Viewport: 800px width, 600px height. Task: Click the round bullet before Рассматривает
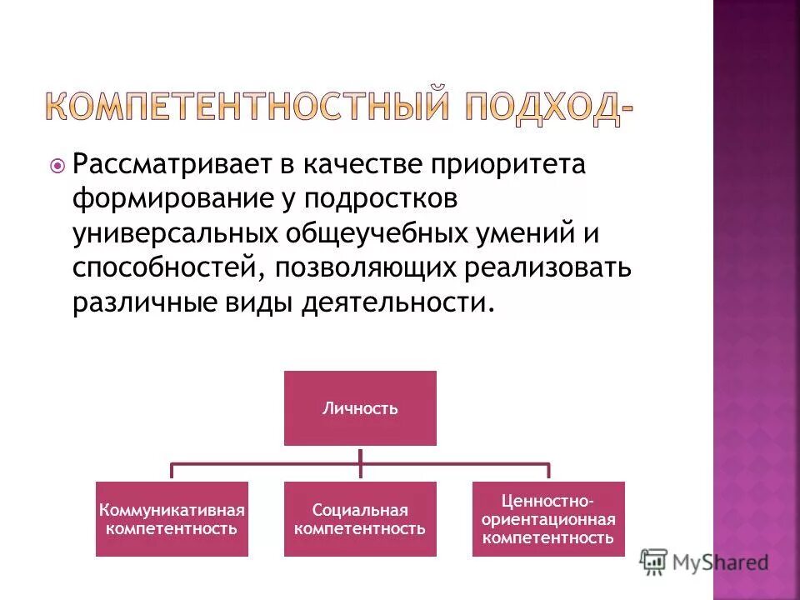point(57,166)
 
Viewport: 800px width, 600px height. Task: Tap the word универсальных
point(173,234)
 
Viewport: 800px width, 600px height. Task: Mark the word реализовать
point(552,268)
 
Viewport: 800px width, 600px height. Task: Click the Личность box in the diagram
point(360,408)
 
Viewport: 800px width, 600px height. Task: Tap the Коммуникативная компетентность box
point(172,518)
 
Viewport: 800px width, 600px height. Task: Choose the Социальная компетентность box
point(360,518)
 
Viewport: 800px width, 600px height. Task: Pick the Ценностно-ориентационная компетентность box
point(547,518)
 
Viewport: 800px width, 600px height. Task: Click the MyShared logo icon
point(654,562)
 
